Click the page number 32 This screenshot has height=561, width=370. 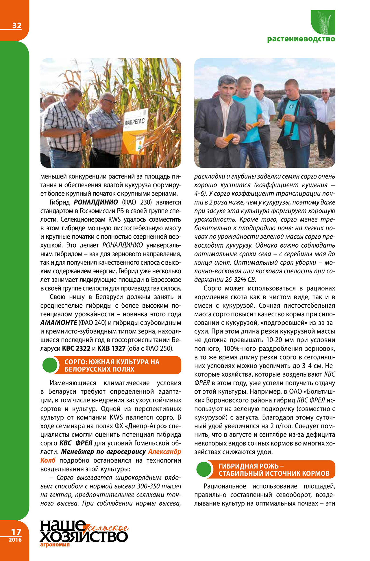click(17, 26)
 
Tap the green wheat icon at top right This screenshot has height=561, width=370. click(323, 22)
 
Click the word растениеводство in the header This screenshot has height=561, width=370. click(301, 39)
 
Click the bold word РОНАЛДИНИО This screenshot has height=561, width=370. click(96, 202)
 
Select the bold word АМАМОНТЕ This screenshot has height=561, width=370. click(59, 323)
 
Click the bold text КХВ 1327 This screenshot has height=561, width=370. click(111, 348)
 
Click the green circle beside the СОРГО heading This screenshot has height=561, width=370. click(50, 365)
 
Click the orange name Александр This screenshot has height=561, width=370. click(164, 452)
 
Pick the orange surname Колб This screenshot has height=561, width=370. click(48, 460)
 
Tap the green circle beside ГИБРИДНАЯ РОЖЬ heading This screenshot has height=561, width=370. click(204, 469)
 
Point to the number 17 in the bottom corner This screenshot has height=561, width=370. click(16, 532)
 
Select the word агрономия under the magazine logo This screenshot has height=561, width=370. click(55, 545)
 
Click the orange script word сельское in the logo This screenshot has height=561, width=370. click(108, 528)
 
